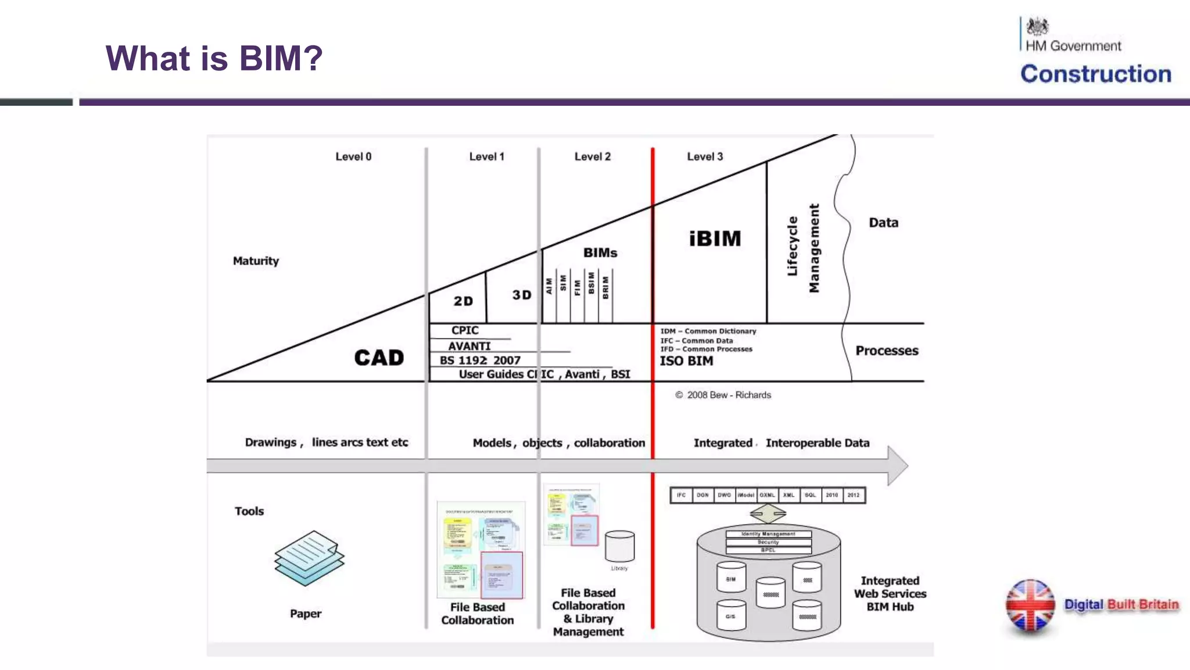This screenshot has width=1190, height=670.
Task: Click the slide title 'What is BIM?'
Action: [214, 58]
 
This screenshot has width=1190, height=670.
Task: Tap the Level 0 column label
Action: [353, 156]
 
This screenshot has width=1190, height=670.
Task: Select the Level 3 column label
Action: [705, 156]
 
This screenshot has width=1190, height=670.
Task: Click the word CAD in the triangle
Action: [379, 358]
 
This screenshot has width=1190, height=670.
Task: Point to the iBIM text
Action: [715, 238]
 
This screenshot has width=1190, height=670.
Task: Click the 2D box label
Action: [463, 301]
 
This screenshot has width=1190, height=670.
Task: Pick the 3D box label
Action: [521, 295]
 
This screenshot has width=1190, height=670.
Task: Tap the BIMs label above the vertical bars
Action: [600, 252]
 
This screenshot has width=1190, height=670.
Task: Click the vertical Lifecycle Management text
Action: [803, 248]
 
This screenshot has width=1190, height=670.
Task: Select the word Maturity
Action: [256, 261]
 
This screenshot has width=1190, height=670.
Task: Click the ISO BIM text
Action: [686, 361]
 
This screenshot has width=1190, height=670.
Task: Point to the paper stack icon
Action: [309, 557]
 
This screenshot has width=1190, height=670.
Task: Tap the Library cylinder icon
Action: [619, 546]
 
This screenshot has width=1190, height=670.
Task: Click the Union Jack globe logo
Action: [1030, 605]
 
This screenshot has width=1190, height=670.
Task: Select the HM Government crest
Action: [1037, 27]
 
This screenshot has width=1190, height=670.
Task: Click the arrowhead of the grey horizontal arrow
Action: [898, 465]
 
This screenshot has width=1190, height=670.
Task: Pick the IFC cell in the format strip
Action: [681, 495]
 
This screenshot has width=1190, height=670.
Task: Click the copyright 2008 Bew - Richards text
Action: [723, 395]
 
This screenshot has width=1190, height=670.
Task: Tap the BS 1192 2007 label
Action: [480, 361]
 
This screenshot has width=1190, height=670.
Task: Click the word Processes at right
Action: [887, 351]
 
